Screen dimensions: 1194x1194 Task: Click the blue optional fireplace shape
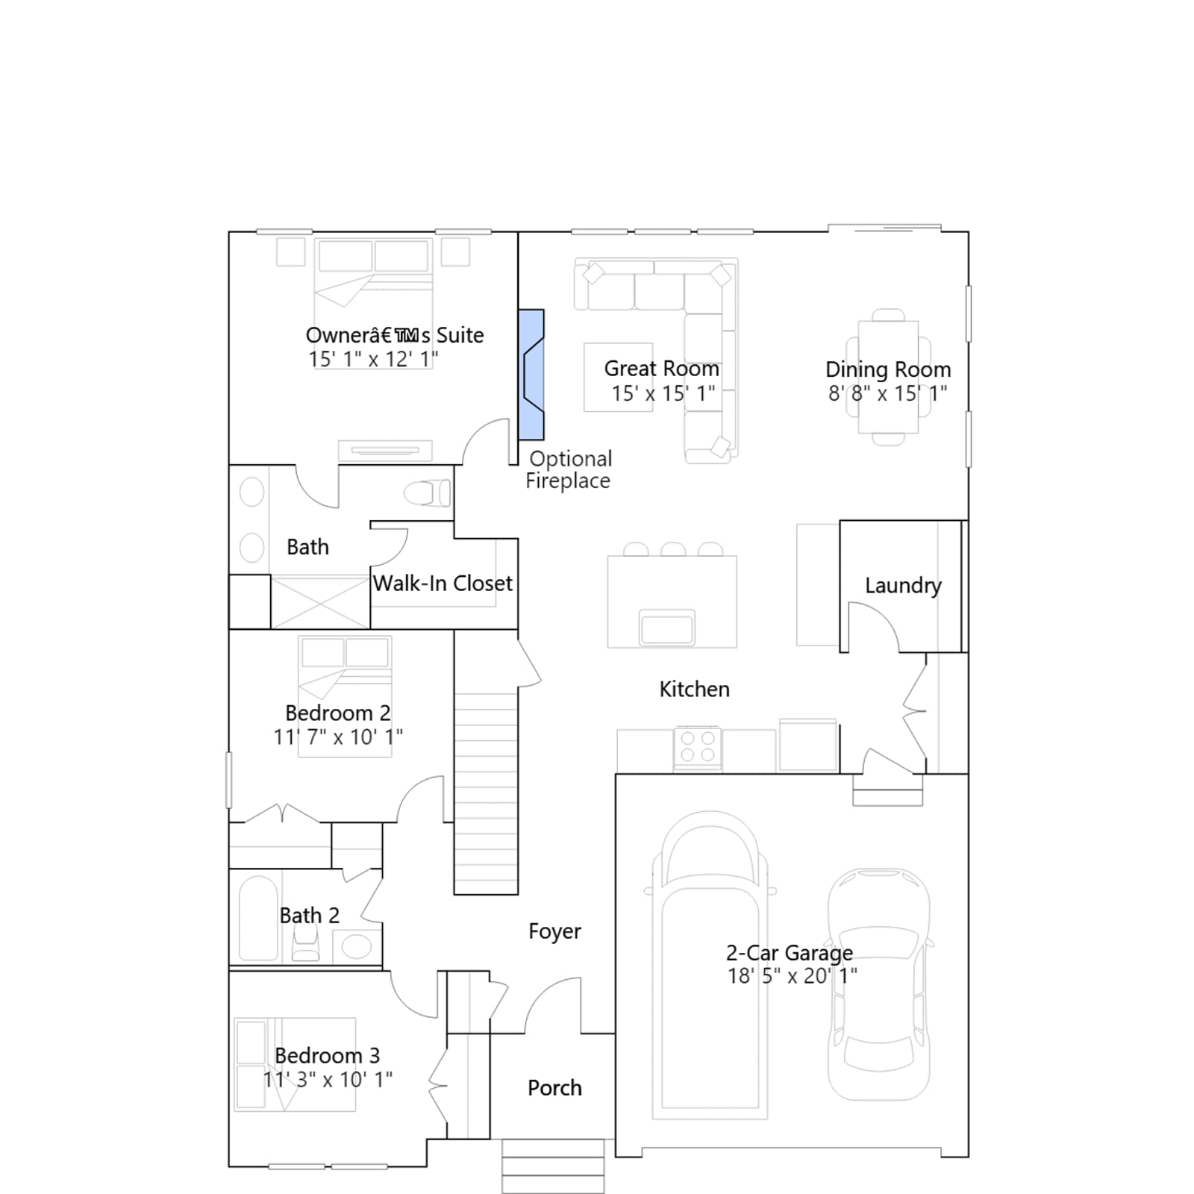tap(531, 375)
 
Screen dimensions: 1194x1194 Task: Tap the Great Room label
tap(662, 369)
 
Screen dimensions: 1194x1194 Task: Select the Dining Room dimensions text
tap(887, 393)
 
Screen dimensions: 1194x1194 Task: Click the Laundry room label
tap(903, 586)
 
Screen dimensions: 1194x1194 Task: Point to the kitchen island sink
tap(667, 627)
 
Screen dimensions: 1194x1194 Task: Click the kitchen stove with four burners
tap(698, 748)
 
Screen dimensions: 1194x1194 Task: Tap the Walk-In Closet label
tap(443, 584)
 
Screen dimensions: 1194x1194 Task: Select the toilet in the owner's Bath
tap(428, 493)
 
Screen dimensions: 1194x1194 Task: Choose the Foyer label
tap(554, 931)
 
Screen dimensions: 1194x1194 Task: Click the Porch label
tap(554, 1088)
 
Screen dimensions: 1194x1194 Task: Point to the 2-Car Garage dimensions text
tap(793, 975)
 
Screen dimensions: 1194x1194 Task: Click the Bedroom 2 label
tap(337, 713)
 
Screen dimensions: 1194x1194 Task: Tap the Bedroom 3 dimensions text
tap(328, 1079)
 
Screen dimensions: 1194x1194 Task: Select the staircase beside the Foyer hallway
tap(486, 794)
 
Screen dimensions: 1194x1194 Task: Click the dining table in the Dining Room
tap(888, 377)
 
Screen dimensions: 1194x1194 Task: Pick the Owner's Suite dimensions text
tap(373, 359)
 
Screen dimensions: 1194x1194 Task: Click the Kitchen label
tap(694, 690)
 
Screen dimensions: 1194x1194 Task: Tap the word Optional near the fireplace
tap(571, 459)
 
